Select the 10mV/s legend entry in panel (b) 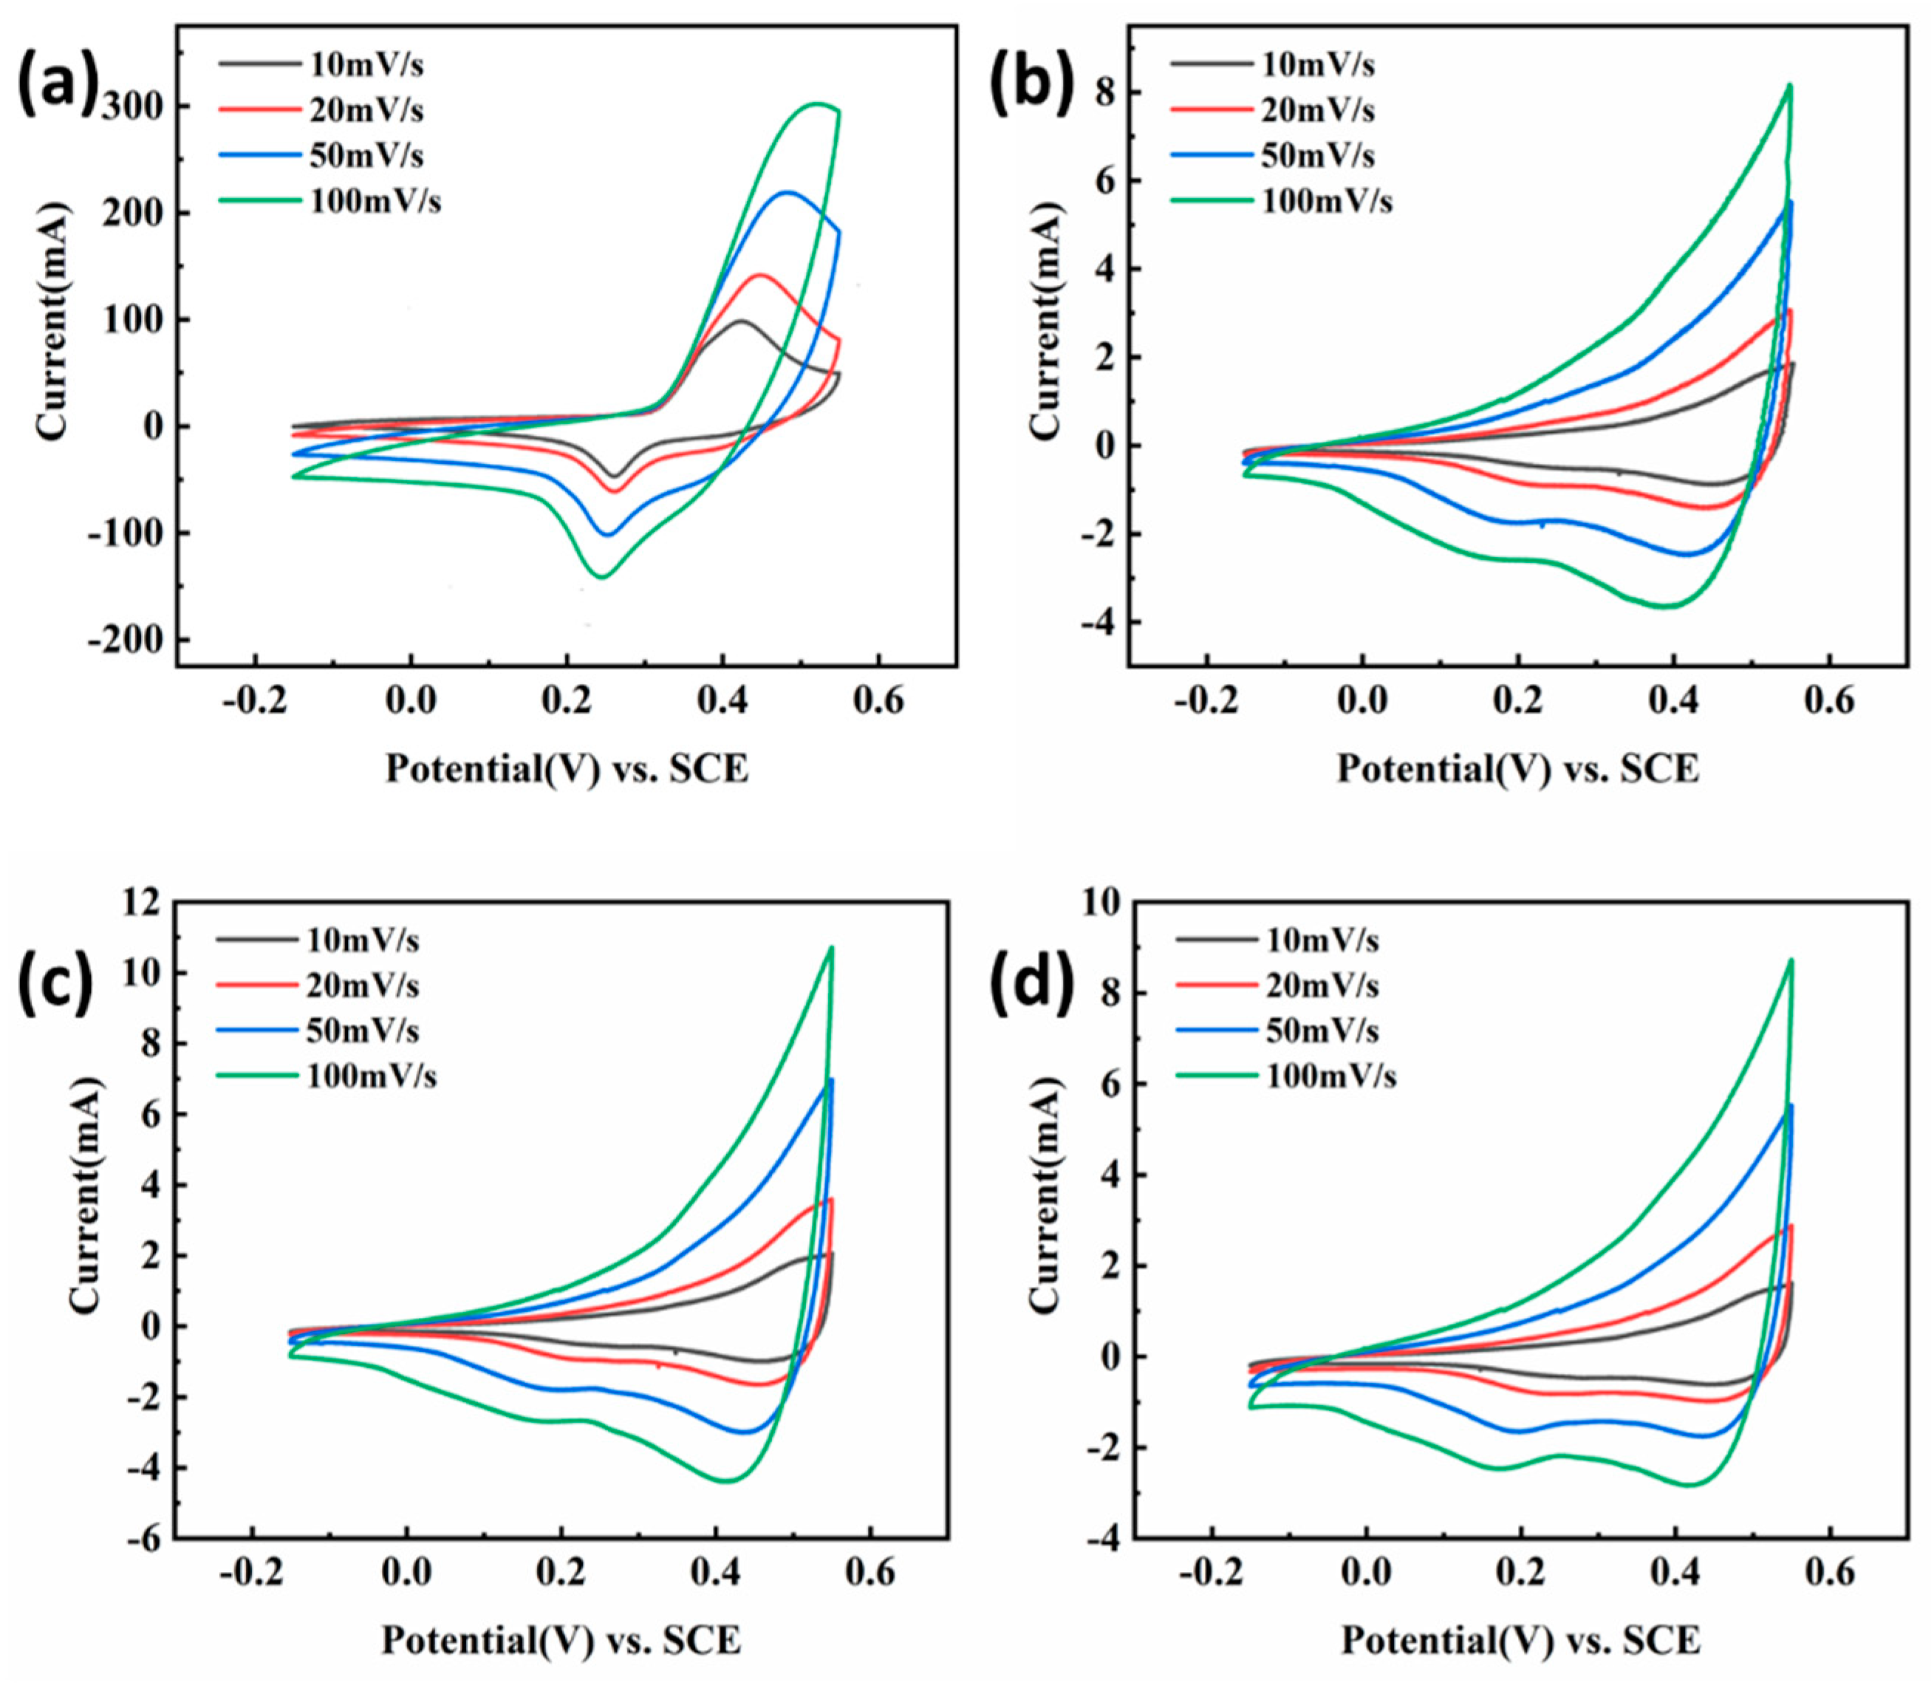pos(1317,65)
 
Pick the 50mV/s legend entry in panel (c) pos(362,1031)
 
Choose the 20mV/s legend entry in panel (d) pos(1322,985)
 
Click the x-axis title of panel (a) pos(567,769)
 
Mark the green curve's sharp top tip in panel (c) pos(831,947)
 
